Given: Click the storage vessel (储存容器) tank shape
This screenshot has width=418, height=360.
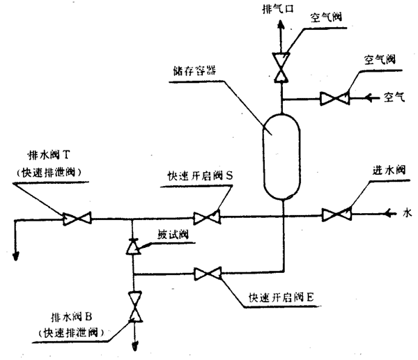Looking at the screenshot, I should click(282, 157).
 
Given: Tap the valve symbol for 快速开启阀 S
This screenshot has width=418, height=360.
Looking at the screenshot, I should click(206, 219).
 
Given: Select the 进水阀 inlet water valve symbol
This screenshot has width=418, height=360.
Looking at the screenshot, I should click(336, 215).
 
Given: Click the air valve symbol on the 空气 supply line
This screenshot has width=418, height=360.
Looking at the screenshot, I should click(334, 99).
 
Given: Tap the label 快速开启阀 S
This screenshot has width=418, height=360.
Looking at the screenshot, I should click(199, 176).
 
